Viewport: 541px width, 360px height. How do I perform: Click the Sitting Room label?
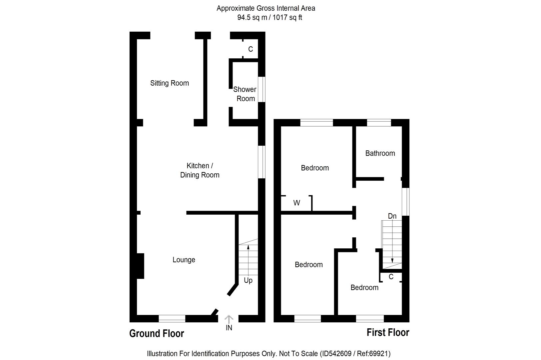pyautogui.click(x=169, y=83)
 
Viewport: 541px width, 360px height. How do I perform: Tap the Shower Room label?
pyautogui.click(x=245, y=94)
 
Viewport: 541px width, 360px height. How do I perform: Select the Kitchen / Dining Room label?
pyautogui.click(x=200, y=170)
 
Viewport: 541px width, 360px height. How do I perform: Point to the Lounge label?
pyautogui.click(x=184, y=260)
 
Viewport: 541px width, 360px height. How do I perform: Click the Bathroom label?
pyautogui.click(x=380, y=153)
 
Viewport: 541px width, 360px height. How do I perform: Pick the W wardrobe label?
pyautogui.click(x=296, y=203)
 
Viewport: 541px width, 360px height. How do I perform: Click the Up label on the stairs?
pyautogui.click(x=248, y=280)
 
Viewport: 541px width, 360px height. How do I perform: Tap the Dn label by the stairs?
pyautogui.click(x=392, y=216)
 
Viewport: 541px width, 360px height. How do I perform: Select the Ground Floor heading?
pyautogui.click(x=157, y=333)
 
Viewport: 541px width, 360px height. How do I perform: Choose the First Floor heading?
pyautogui.click(x=388, y=332)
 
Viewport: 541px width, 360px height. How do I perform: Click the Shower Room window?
pyautogui.click(x=262, y=89)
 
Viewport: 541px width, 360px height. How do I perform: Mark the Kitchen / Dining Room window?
pyautogui.click(x=262, y=162)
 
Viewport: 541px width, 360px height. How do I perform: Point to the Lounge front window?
pyautogui.click(x=172, y=319)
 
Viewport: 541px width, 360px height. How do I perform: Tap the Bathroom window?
pyautogui.click(x=379, y=123)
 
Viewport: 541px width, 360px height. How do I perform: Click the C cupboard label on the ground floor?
pyautogui.click(x=251, y=49)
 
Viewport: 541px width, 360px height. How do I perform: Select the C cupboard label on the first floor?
pyautogui.click(x=391, y=277)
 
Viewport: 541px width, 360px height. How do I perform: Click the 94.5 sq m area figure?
pyautogui.click(x=252, y=18)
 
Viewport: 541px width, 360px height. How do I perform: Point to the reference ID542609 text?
pyautogui.click(x=335, y=353)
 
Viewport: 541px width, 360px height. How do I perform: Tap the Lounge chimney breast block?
pyautogui.click(x=141, y=266)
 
